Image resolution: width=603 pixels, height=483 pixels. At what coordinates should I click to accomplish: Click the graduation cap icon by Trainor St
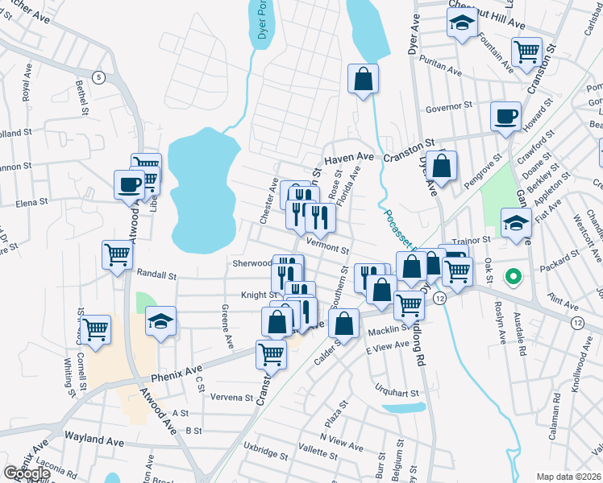tap(515, 223)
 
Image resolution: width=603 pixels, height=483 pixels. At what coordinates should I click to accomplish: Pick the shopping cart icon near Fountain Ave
tap(526, 52)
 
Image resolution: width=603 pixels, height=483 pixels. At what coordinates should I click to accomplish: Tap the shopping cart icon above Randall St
tap(118, 255)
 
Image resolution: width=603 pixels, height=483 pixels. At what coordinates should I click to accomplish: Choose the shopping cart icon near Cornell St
tap(96, 329)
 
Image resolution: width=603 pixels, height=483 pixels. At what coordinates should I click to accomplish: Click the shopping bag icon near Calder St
tap(344, 324)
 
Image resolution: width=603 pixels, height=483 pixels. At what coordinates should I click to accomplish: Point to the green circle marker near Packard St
tap(512, 279)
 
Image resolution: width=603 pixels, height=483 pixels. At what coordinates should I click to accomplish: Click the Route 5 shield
tap(98, 77)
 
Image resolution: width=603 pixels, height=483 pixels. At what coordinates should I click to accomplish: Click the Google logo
tap(27, 473)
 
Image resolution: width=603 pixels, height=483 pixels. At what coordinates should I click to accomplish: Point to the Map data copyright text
tap(567, 477)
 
